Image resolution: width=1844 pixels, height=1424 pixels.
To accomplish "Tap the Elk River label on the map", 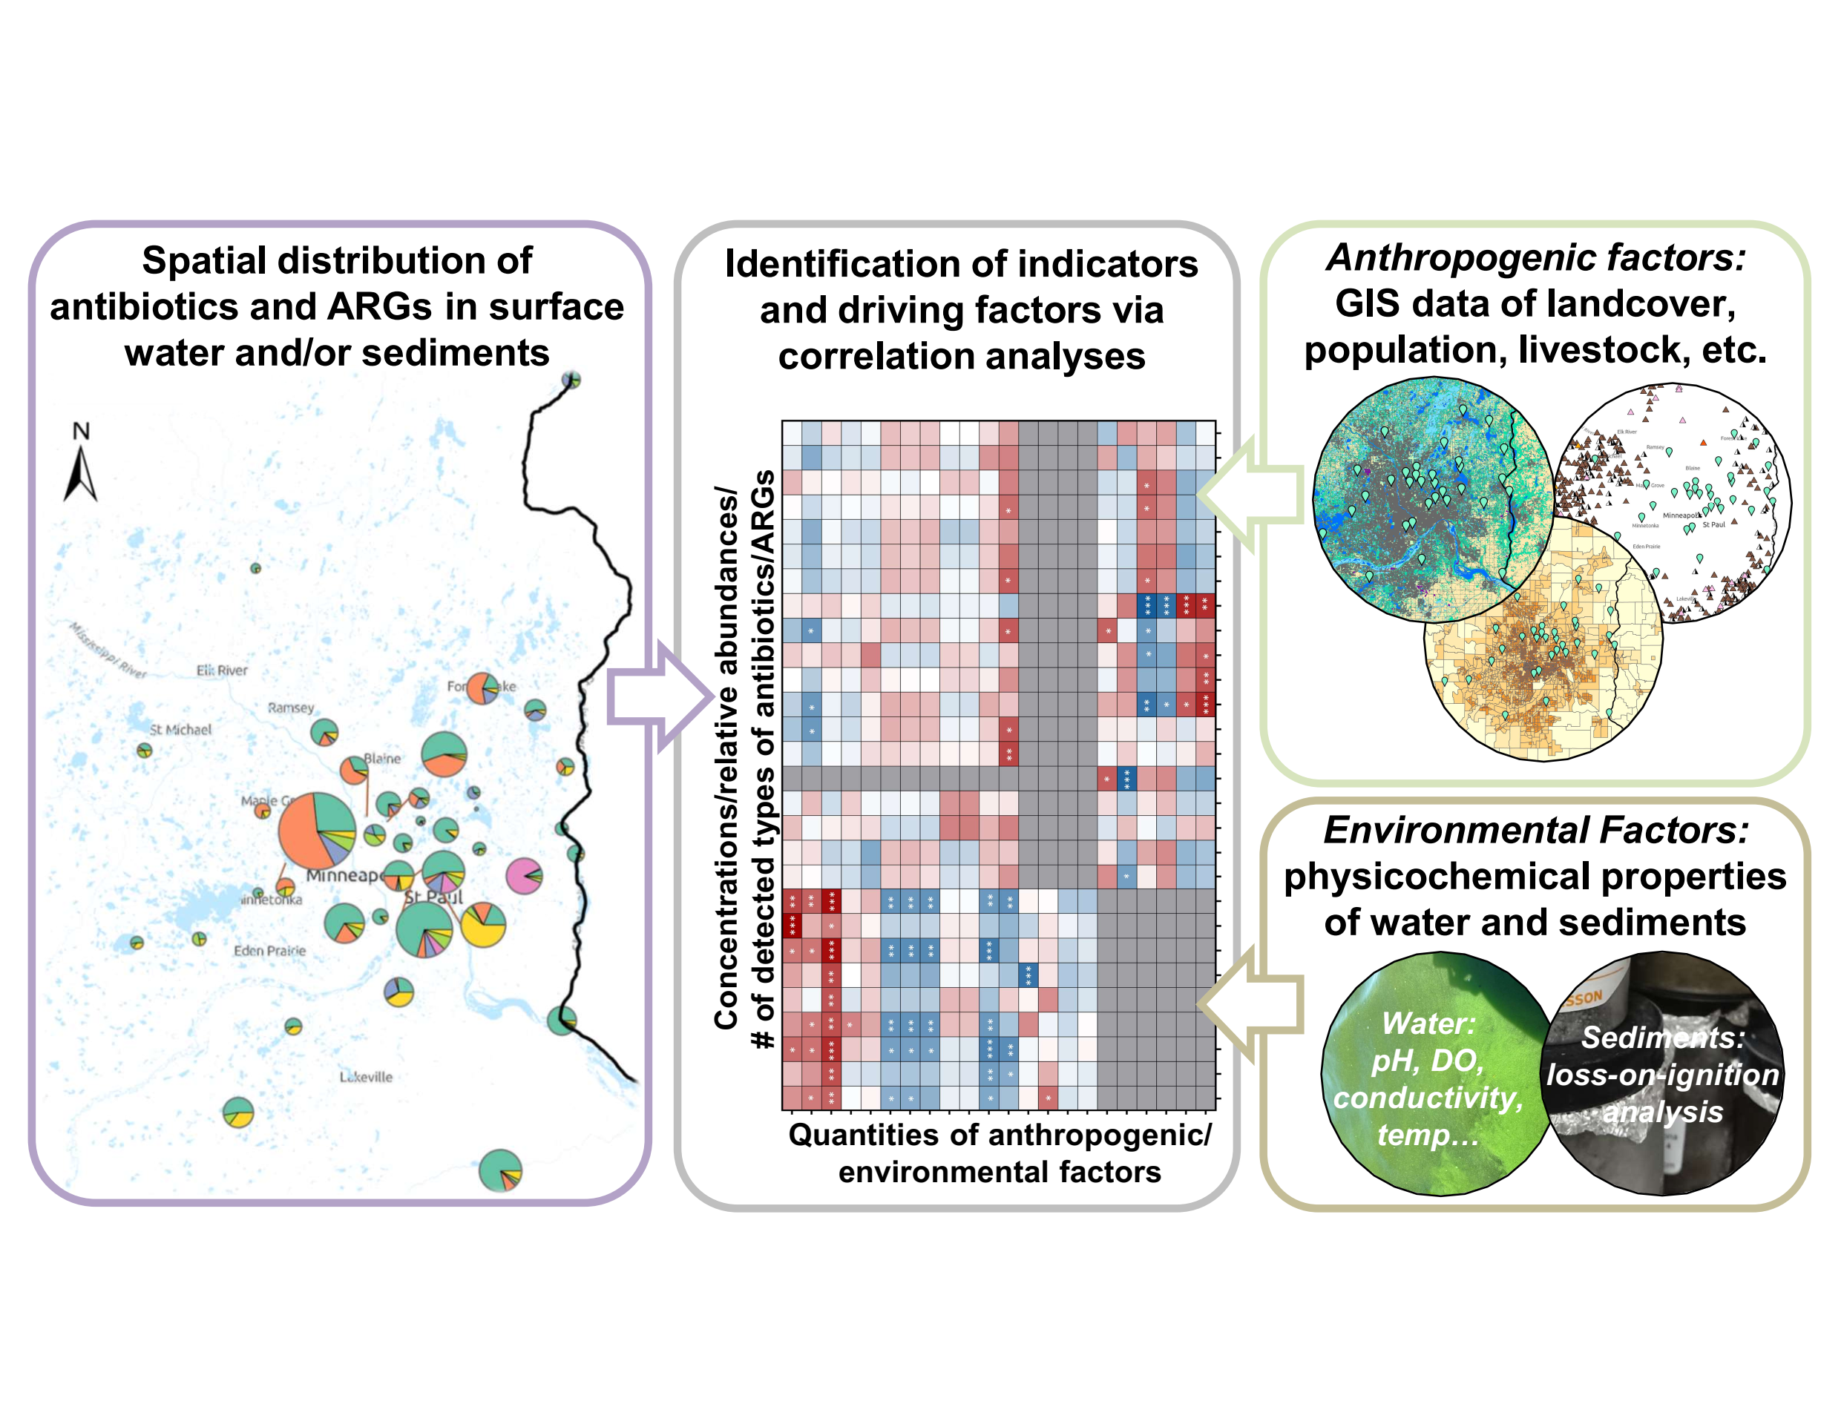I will (x=222, y=670).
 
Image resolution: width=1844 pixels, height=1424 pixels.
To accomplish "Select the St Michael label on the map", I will (x=180, y=729).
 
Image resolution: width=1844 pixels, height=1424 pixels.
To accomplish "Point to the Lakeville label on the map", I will (x=366, y=1077).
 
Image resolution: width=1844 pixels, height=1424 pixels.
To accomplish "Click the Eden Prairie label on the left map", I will (x=269, y=951).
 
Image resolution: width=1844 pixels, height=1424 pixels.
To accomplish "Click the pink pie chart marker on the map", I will (x=523, y=875).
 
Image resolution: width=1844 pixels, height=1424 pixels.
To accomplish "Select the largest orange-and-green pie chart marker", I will (x=317, y=831).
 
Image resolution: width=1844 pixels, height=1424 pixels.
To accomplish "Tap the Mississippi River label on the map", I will (x=108, y=650).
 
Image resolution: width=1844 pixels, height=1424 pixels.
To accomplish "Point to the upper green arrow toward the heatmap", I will (x=1250, y=494).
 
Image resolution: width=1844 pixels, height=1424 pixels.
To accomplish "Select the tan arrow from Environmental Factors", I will (x=1250, y=1003).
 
